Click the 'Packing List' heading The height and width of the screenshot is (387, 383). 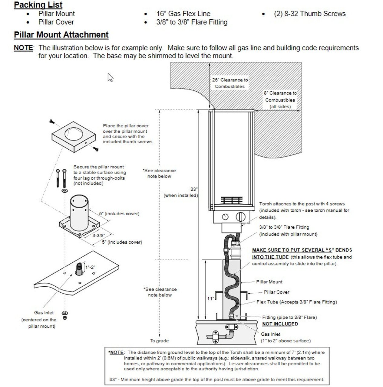pyautogui.click(x=38, y=5)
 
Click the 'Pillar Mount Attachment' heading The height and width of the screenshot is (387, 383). pyautogui.click(x=61, y=35)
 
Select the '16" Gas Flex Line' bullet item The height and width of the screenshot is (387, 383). pyautogui.click(x=183, y=14)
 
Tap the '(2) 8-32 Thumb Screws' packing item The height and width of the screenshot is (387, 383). pyautogui.click(x=309, y=14)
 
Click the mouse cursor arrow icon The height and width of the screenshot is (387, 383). pyautogui.click(x=110, y=77)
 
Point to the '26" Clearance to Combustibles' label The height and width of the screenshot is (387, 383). pyautogui.click(x=230, y=83)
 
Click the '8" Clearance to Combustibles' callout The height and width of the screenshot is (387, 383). pyautogui.click(x=280, y=100)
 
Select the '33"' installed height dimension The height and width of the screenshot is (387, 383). pyautogui.click(x=194, y=189)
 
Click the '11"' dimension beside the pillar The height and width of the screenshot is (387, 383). pyautogui.click(x=211, y=299)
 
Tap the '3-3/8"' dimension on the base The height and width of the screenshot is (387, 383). pyautogui.click(x=99, y=236)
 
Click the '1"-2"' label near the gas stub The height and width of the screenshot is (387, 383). pyautogui.click(x=90, y=267)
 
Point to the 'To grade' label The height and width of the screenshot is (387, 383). pyautogui.click(x=159, y=341)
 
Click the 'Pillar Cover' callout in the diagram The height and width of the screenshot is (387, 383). pyautogui.click(x=276, y=292)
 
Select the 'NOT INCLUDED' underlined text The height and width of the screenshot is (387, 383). pyautogui.click(x=280, y=324)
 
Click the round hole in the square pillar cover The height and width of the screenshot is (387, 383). pyautogui.click(x=74, y=134)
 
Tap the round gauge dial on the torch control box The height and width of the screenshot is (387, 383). pyautogui.click(x=225, y=217)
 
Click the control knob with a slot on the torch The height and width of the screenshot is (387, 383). pyautogui.click(x=240, y=217)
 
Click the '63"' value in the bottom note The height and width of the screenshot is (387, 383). pyautogui.click(x=113, y=379)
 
